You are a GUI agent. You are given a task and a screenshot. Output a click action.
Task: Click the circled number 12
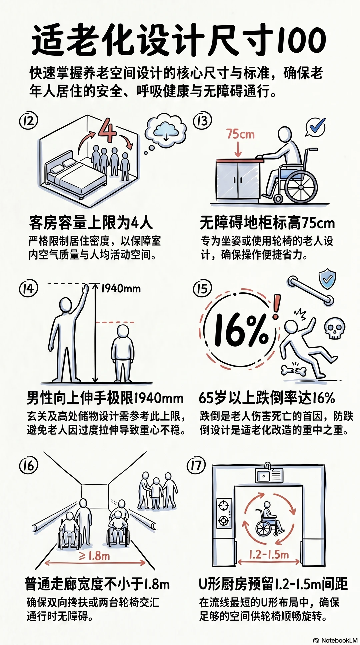pos(28,121)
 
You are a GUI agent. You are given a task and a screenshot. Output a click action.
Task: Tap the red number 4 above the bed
pos(107,130)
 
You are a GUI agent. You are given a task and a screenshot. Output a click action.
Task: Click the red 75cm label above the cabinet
pos(240,134)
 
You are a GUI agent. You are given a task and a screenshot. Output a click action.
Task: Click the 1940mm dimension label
pos(121,288)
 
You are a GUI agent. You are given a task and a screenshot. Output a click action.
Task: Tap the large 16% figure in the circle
pos(241,330)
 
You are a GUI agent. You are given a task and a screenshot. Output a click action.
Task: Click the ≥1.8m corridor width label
pos(95,556)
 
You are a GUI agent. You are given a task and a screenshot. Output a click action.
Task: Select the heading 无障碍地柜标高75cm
pos(267,223)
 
